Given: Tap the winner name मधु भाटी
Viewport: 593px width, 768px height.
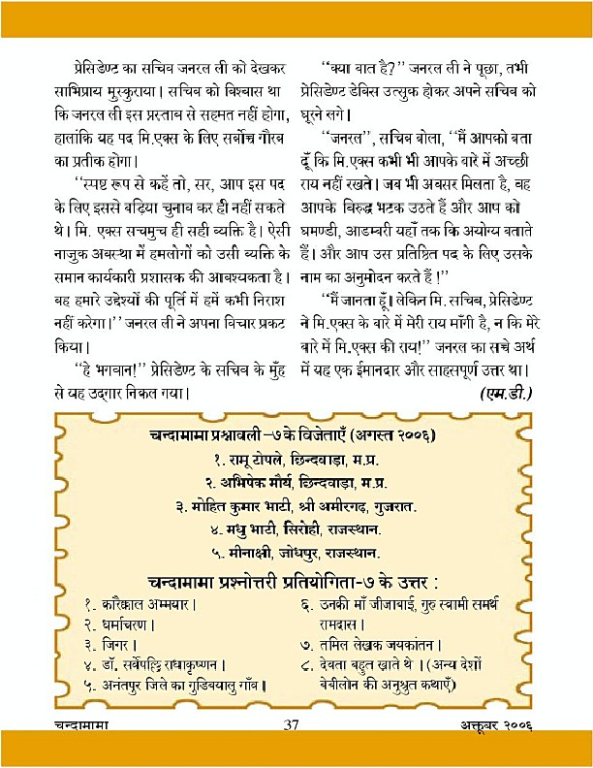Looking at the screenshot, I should (x=253, y=530).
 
